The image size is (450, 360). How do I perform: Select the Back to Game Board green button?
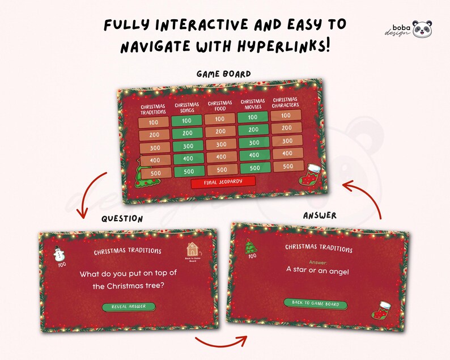pyautogui.click(x=316, y=304)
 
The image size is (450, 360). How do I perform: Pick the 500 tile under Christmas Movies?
pyautogui.click(x=254, y=168)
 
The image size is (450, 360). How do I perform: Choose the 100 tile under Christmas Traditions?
pyautogui.click(x=153, y=122)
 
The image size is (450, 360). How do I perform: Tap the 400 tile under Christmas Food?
pyautogui.click(x=221, y=157)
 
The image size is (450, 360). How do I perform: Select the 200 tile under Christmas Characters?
pyautogui.click(x=286, y=128)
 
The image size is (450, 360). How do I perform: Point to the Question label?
pyautogui.click(x=122, y=218)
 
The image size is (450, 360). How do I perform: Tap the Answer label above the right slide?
pyautogui.click(x=320, y=215)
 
